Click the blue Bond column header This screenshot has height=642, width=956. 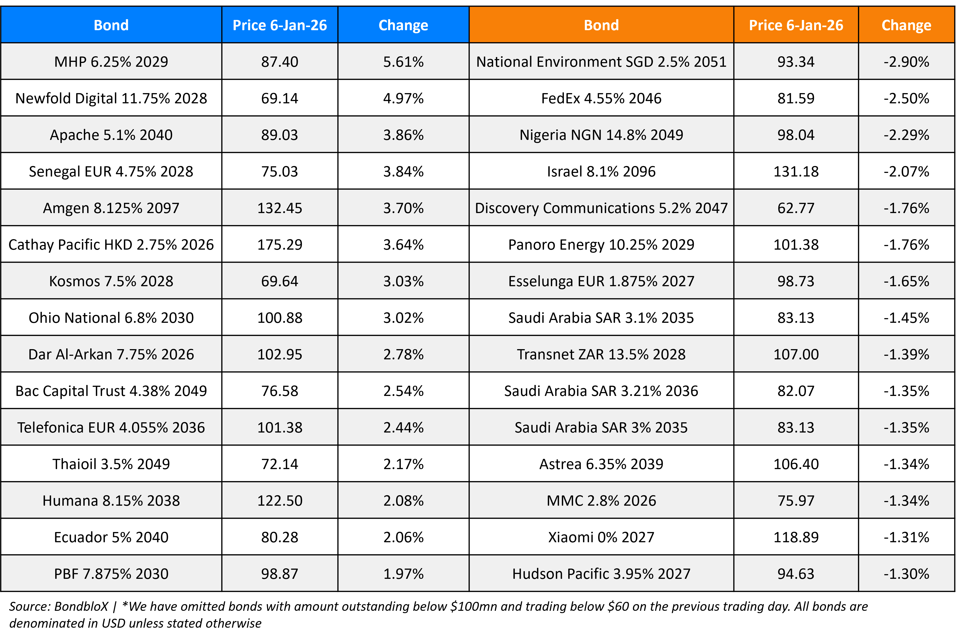point(111,25)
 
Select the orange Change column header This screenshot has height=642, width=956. point(906,25)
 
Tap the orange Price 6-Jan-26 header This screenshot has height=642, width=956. point(796,25)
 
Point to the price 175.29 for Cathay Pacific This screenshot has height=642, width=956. point(280,245)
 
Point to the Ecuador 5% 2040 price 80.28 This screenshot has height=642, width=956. point(280,537)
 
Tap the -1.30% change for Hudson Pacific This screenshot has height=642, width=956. point(906,574)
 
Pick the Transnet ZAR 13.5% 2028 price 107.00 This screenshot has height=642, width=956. point(796,355)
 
